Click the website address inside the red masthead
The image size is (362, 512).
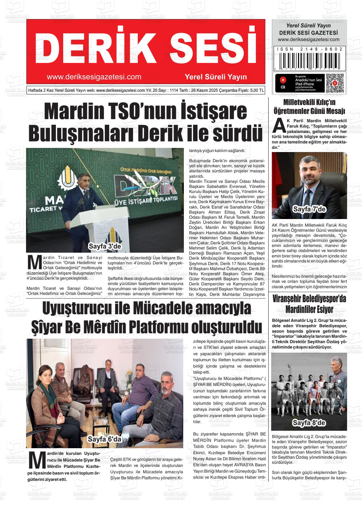pos(94,77)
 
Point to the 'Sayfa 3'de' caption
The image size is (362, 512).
pos(105,246)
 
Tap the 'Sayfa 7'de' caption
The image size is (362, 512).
pos(309,209)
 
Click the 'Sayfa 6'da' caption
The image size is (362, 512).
pos(104,439)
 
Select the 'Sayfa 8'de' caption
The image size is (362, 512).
pos(309,422)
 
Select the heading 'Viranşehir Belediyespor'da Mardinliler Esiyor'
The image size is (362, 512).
pos(309,304)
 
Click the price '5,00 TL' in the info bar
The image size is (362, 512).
pos(257,90)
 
